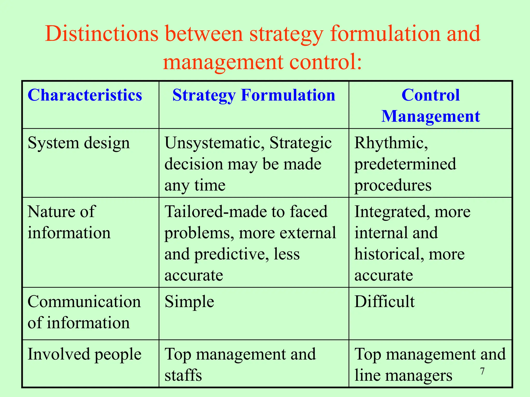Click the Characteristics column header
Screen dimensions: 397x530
pos(85,95)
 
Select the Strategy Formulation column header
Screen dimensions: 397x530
pos(254,95)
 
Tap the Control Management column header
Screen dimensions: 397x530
pos(431,105)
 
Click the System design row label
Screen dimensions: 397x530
pos(79,143)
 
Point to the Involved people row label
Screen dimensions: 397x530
pos(84,354)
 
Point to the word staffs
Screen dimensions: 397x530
pos(183,375)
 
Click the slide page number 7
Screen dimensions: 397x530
pos(482,371)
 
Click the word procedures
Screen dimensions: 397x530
pos(393,185)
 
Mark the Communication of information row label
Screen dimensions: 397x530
pos(84,312)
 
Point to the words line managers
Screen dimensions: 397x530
pos(403,375)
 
